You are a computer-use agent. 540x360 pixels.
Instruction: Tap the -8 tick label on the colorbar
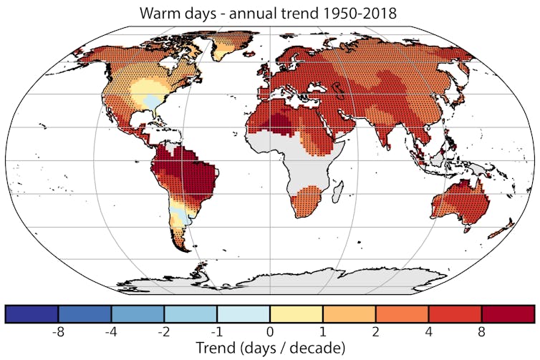point(58,333)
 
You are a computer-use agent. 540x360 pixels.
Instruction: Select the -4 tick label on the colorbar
point(111,333)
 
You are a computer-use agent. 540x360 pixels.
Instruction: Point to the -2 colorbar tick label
point(164,333)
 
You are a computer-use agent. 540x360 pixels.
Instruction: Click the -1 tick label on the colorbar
point(217,333)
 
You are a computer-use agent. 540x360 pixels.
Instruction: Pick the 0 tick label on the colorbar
point(270,333)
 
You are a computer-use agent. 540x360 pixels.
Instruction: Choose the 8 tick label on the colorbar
point(482,333)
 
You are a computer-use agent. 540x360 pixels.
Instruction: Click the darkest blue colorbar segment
point(32,314)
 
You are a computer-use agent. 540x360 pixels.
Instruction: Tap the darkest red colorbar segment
point(508,314)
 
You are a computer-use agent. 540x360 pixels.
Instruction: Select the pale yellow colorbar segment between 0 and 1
point(296,314)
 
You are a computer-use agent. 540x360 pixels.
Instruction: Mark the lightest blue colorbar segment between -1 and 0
point(244,314)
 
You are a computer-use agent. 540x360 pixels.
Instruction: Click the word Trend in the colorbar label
point(215,349)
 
